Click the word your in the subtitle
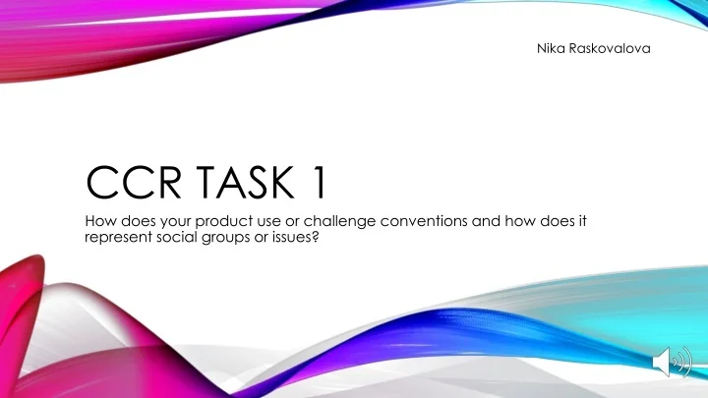pyautogui.click(x=167, y=220)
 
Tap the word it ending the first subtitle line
pyautogui.click(x=582, y=220)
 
